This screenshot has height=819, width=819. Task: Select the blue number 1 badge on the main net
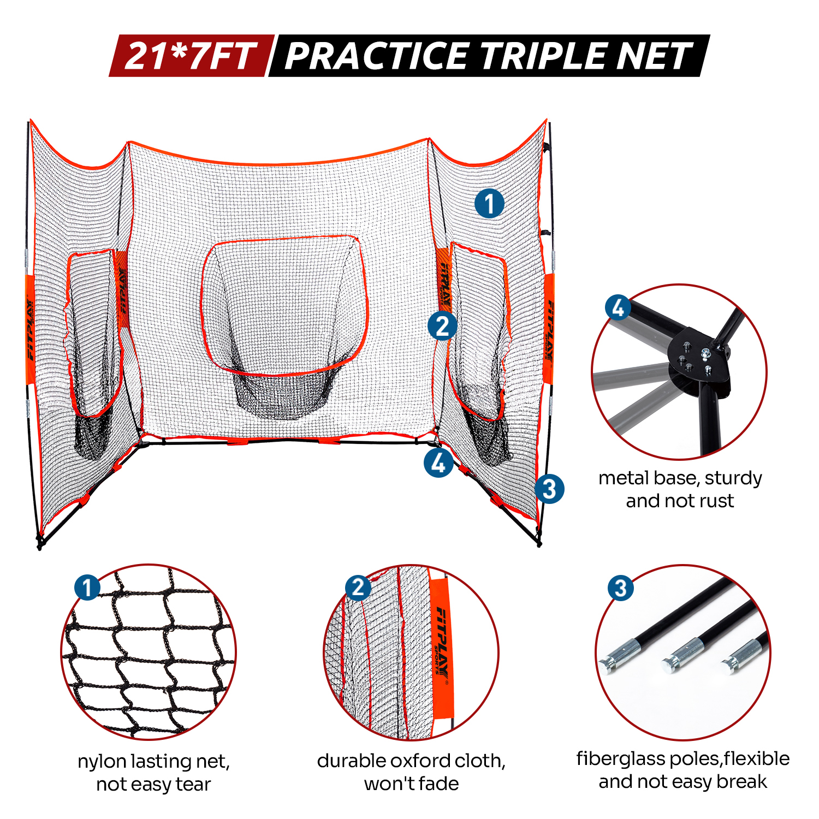pos(489,204)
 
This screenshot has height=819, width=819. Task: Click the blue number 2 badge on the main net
pos(442,326)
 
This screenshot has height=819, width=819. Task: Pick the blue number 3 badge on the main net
pos(549,489)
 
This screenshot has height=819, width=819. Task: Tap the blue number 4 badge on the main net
pos(438,463)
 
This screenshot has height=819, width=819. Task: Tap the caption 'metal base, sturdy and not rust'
pos(680,489)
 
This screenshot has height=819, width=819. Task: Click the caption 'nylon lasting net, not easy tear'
pos(153,773)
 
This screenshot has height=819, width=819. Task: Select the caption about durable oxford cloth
pos(411,772)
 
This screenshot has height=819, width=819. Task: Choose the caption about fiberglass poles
pos(683,770)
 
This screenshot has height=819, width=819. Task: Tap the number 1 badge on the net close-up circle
pos(87,588)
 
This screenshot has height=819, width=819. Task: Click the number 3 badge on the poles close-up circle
pos(621,589)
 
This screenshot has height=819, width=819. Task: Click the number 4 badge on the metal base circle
pos(618,307)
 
